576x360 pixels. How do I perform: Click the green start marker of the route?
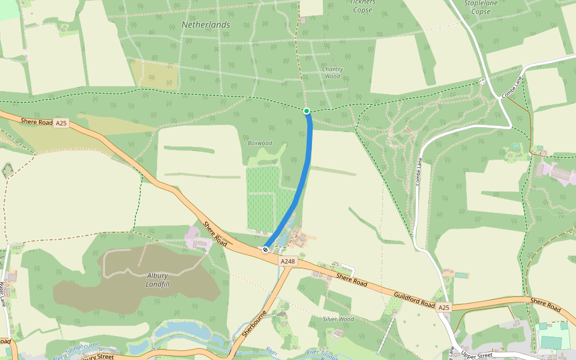pyautogui.click(x=307, y=111)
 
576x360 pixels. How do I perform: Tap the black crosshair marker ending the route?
pyautogui.click(x=265, y=249)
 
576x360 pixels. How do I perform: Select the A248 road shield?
pyautogui.click(x=287, y=262)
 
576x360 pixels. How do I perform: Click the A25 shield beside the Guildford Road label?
pyautogui.click(x=443, y=308)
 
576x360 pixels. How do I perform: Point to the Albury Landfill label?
pyautogui.click(x=158, y=280)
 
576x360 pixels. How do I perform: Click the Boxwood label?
pyautogui.click(x=260, y=143)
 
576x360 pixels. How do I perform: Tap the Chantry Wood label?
pyautogui.click(x=332, y=73)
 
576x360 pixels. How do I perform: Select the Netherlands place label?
pyautogui.click(x=206, y=25)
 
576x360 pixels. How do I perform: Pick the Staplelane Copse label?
pyautogui.click(x=481, y=7)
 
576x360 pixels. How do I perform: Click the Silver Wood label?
pyautogui.click(x=338, y=319)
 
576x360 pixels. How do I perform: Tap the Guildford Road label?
pyautogui.click(x=414, y=300)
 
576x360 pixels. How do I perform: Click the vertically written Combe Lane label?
pyautogui.click(x=418, y=171)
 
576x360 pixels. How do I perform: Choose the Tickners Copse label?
pyautogui.click(x=362, y=6)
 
